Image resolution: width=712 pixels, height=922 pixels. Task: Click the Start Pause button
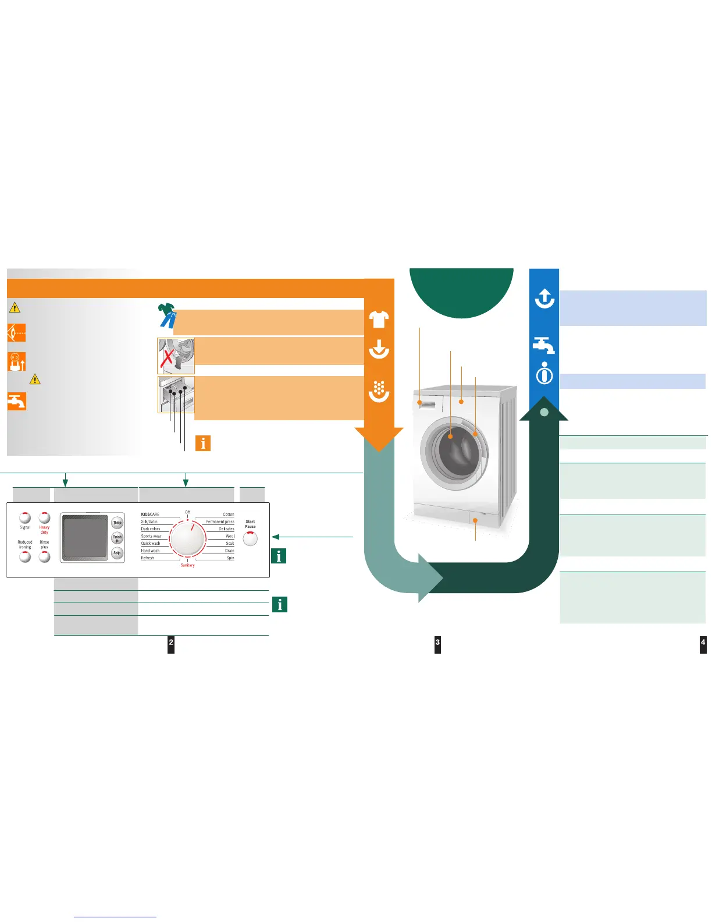pyautogui.click(x=250, y=539)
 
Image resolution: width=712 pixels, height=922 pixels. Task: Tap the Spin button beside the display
pyautogui.click(x=117, y=553)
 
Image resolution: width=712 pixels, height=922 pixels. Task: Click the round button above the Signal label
pyautogui.click(x=25, y=517)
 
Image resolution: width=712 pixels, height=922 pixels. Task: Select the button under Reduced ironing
pyautogui.click(x=25, y=557)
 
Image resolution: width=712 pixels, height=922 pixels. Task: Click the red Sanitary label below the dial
pyautogui.click(x=187, y=565)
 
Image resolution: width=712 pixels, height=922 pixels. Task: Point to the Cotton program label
pyautogui.click(x=228, y=515)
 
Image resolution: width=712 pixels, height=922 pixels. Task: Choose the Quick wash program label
pyautogui.click(x=151, y=543)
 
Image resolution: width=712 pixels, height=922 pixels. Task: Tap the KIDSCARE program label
pyautogui.click(x=150, y=515)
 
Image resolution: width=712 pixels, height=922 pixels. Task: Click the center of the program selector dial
pyautogui.click(x=187, y=538)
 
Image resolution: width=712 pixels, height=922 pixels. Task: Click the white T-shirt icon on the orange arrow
pyautogui.click(x=379, y=318)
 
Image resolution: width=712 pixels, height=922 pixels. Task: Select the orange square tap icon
pyautogui.click(x=16, y=402)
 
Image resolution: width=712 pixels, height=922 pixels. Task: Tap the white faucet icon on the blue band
pyautogui.click(x=544, y=345)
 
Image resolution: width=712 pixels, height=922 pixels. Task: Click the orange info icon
pyautogui.click(x=202, y=444)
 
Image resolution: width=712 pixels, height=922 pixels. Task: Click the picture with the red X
pyautogui.click(x=176, y=356)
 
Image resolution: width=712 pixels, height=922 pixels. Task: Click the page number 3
pyautogui.click(x=437, y=642)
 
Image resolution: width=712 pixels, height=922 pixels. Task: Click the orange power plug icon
pyautogui.click(x=16, y=361)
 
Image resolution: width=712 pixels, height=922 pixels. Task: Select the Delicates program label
pyautogui.click(x=226, y=529)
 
